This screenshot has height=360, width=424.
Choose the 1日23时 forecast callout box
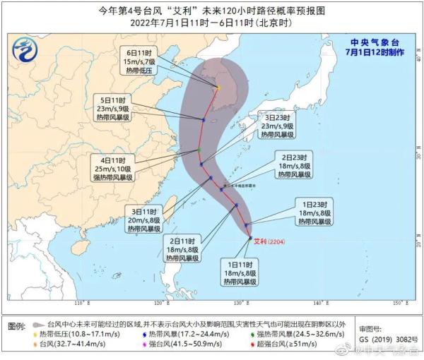click(x=312, y=212)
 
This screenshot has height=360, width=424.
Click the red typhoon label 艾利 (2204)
click(x=270, y=239)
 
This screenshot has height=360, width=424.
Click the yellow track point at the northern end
click(x=219, y=88)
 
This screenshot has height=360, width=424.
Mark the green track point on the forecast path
click(x=200, y=150)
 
